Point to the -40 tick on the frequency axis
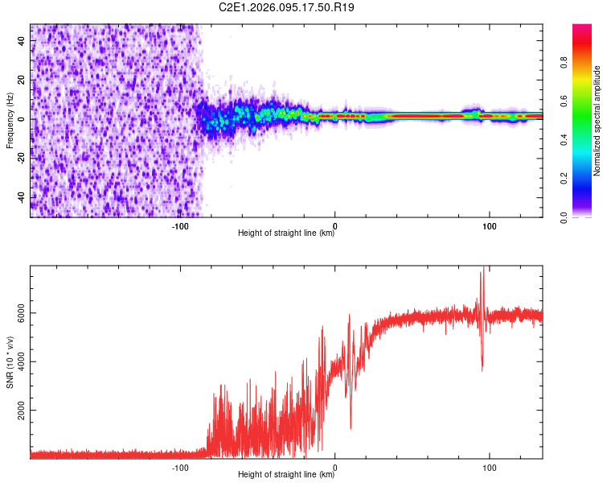pos(21,197)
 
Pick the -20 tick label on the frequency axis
pos(21,159)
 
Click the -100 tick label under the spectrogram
pos(180,225)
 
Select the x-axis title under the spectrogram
pos(286,233)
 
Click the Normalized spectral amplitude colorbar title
pos(597,121)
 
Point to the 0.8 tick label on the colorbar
pos(565,62)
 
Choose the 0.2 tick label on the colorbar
pos(565,178)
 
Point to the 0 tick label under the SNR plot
pos(334,467)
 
